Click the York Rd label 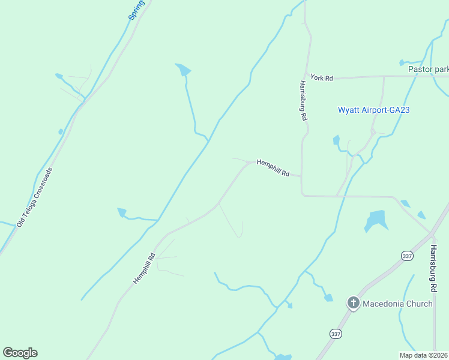pyautogui.click(x=321, y=78)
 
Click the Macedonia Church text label pyautogui.click(x=397, y=304)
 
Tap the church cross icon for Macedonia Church pyautogui.click(x=354, y=303)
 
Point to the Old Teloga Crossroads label pyautogui.click(x=35, y=197)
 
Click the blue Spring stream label pyautogui.click(x=137, y=10)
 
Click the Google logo pyautogui.click(x=20, y=353)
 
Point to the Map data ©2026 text pyautogui.click(x=424, y=355)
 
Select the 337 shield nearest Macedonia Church pyautogui.click(x=336, y=333)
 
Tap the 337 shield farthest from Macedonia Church pyautogui.click(x=408, y=256)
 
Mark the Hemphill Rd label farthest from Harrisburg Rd pyautogui.click(x=144, y=268)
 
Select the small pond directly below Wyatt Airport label pyautogui.click(x=336, y=140)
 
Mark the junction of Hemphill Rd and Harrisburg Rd pyautogui.click(x=301, y=178)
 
